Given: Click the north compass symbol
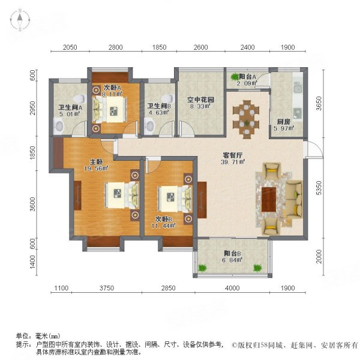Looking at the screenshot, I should coord(20,22).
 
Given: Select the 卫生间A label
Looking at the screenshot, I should coord(70,109).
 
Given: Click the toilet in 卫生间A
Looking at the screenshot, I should coord(59,125).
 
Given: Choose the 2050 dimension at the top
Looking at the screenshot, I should coord(70,47).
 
